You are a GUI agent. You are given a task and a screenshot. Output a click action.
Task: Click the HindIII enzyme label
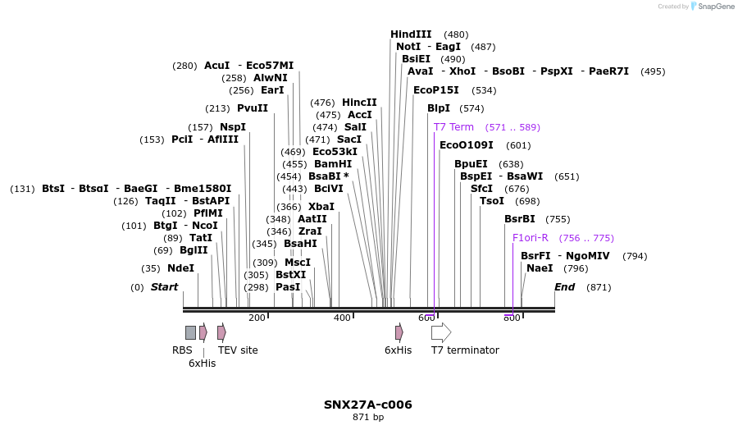click(411, 34)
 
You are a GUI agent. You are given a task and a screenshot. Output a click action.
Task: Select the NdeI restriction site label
click(180, 268)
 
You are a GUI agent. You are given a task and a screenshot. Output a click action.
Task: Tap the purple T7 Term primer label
click(453, 127)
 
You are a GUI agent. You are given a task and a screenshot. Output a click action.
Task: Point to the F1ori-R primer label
click(530, 238)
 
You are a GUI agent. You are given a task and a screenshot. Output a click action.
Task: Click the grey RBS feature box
click(190, 332)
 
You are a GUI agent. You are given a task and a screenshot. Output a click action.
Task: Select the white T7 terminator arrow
click(441, 332)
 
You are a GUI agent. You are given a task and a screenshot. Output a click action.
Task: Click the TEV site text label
click(238, 350)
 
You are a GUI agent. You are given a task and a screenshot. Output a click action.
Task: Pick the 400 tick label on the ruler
click(342, 318)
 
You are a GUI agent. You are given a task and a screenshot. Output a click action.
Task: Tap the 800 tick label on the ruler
click(512, 318)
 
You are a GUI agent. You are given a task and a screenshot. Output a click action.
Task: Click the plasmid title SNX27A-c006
click(368, 405)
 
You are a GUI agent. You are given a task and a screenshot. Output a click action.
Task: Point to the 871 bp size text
click(368, 418)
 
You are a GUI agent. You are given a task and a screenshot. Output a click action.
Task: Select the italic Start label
click(164, 287)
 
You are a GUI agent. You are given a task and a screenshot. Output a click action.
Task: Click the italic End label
click(565, 287)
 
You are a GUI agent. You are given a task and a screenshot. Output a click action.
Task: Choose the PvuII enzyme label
click(253, 108)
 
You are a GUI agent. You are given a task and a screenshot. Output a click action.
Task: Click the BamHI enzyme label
click(333, 164)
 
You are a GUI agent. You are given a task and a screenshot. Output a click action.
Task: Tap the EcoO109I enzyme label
click(467, 145)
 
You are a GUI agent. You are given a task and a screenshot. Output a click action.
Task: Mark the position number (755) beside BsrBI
click(558, 219)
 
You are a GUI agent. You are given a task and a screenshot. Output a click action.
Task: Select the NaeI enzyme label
click(540, 268)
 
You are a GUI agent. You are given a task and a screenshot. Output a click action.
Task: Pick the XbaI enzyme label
click(321, 207)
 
